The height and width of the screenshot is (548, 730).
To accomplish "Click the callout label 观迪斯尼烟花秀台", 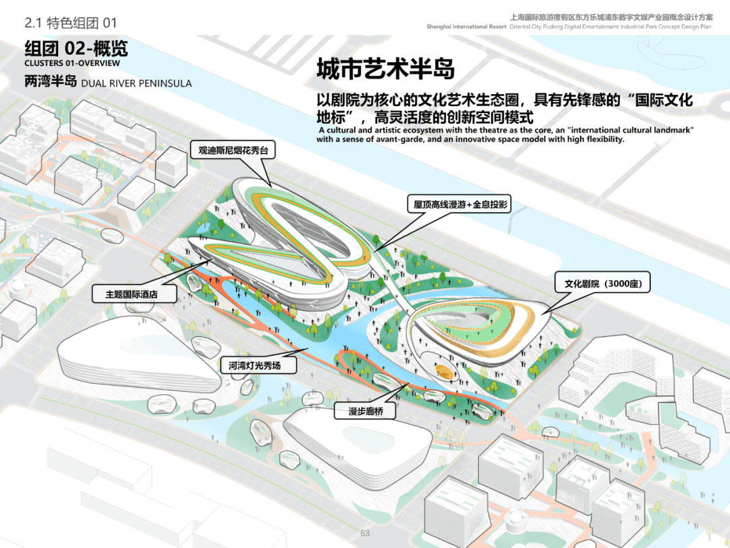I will (233, 150).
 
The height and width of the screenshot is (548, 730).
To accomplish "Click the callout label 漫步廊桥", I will (366, 411).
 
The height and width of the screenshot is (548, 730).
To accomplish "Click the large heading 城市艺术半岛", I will (385, 69).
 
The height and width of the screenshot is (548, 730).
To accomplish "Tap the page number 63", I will (365, 533).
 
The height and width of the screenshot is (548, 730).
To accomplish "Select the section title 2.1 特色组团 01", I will (70, 23).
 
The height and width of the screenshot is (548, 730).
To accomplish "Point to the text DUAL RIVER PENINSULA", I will (137, 83).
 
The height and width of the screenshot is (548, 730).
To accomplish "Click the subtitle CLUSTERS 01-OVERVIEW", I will (72, 64).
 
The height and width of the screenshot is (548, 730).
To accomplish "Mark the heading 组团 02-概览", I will (76, 49).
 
